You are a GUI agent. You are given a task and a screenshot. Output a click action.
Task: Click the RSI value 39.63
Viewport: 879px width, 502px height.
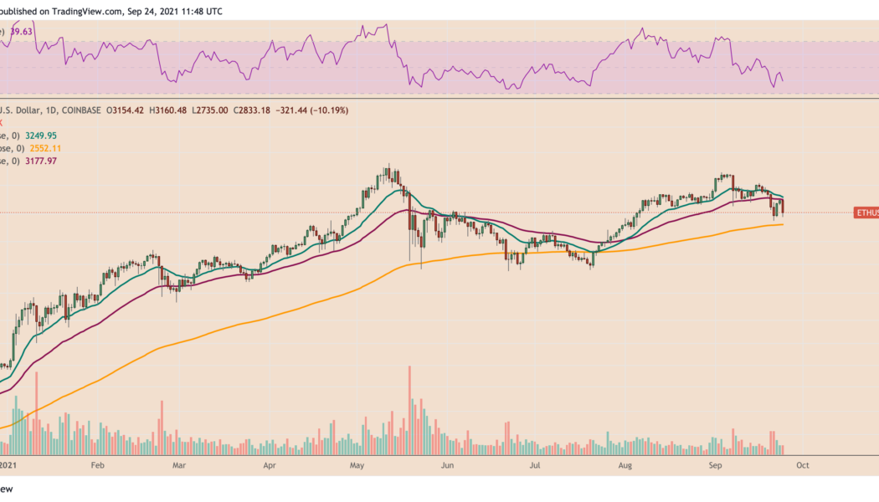click(19, 32)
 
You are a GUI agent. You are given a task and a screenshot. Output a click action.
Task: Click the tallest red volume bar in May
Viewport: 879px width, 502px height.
click(409, 410)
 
